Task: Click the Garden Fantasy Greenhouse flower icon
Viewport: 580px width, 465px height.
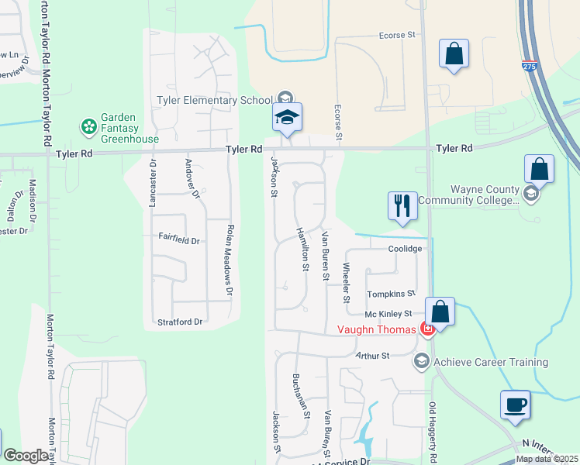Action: [x=89, y=126]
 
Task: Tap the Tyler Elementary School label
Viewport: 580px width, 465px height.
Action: [x=215, y=100]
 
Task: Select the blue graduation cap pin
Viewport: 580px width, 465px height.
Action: [x=286, y=118]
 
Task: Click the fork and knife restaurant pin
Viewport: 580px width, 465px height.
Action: [x=402, y=206]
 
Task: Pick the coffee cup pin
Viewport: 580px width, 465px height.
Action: [x=516, y=405]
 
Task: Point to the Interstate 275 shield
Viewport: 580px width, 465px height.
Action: [x=529, y=68]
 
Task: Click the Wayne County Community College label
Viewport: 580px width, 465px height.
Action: [x=468, y=195]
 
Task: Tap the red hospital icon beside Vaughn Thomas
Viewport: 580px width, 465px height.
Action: [x=426, y=329]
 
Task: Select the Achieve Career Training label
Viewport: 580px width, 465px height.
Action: [x=491, y=362]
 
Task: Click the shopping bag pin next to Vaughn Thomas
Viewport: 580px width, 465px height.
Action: [x=440, y=313]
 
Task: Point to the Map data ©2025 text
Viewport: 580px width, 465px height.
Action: [x=546, y=459]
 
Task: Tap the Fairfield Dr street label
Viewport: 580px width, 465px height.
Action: [x=179, y=241]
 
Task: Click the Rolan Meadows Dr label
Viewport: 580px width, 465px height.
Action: [x=229, y=260]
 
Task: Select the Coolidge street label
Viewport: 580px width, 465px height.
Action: [x=406, y=249]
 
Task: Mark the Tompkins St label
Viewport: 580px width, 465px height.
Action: [x=391, y=294]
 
